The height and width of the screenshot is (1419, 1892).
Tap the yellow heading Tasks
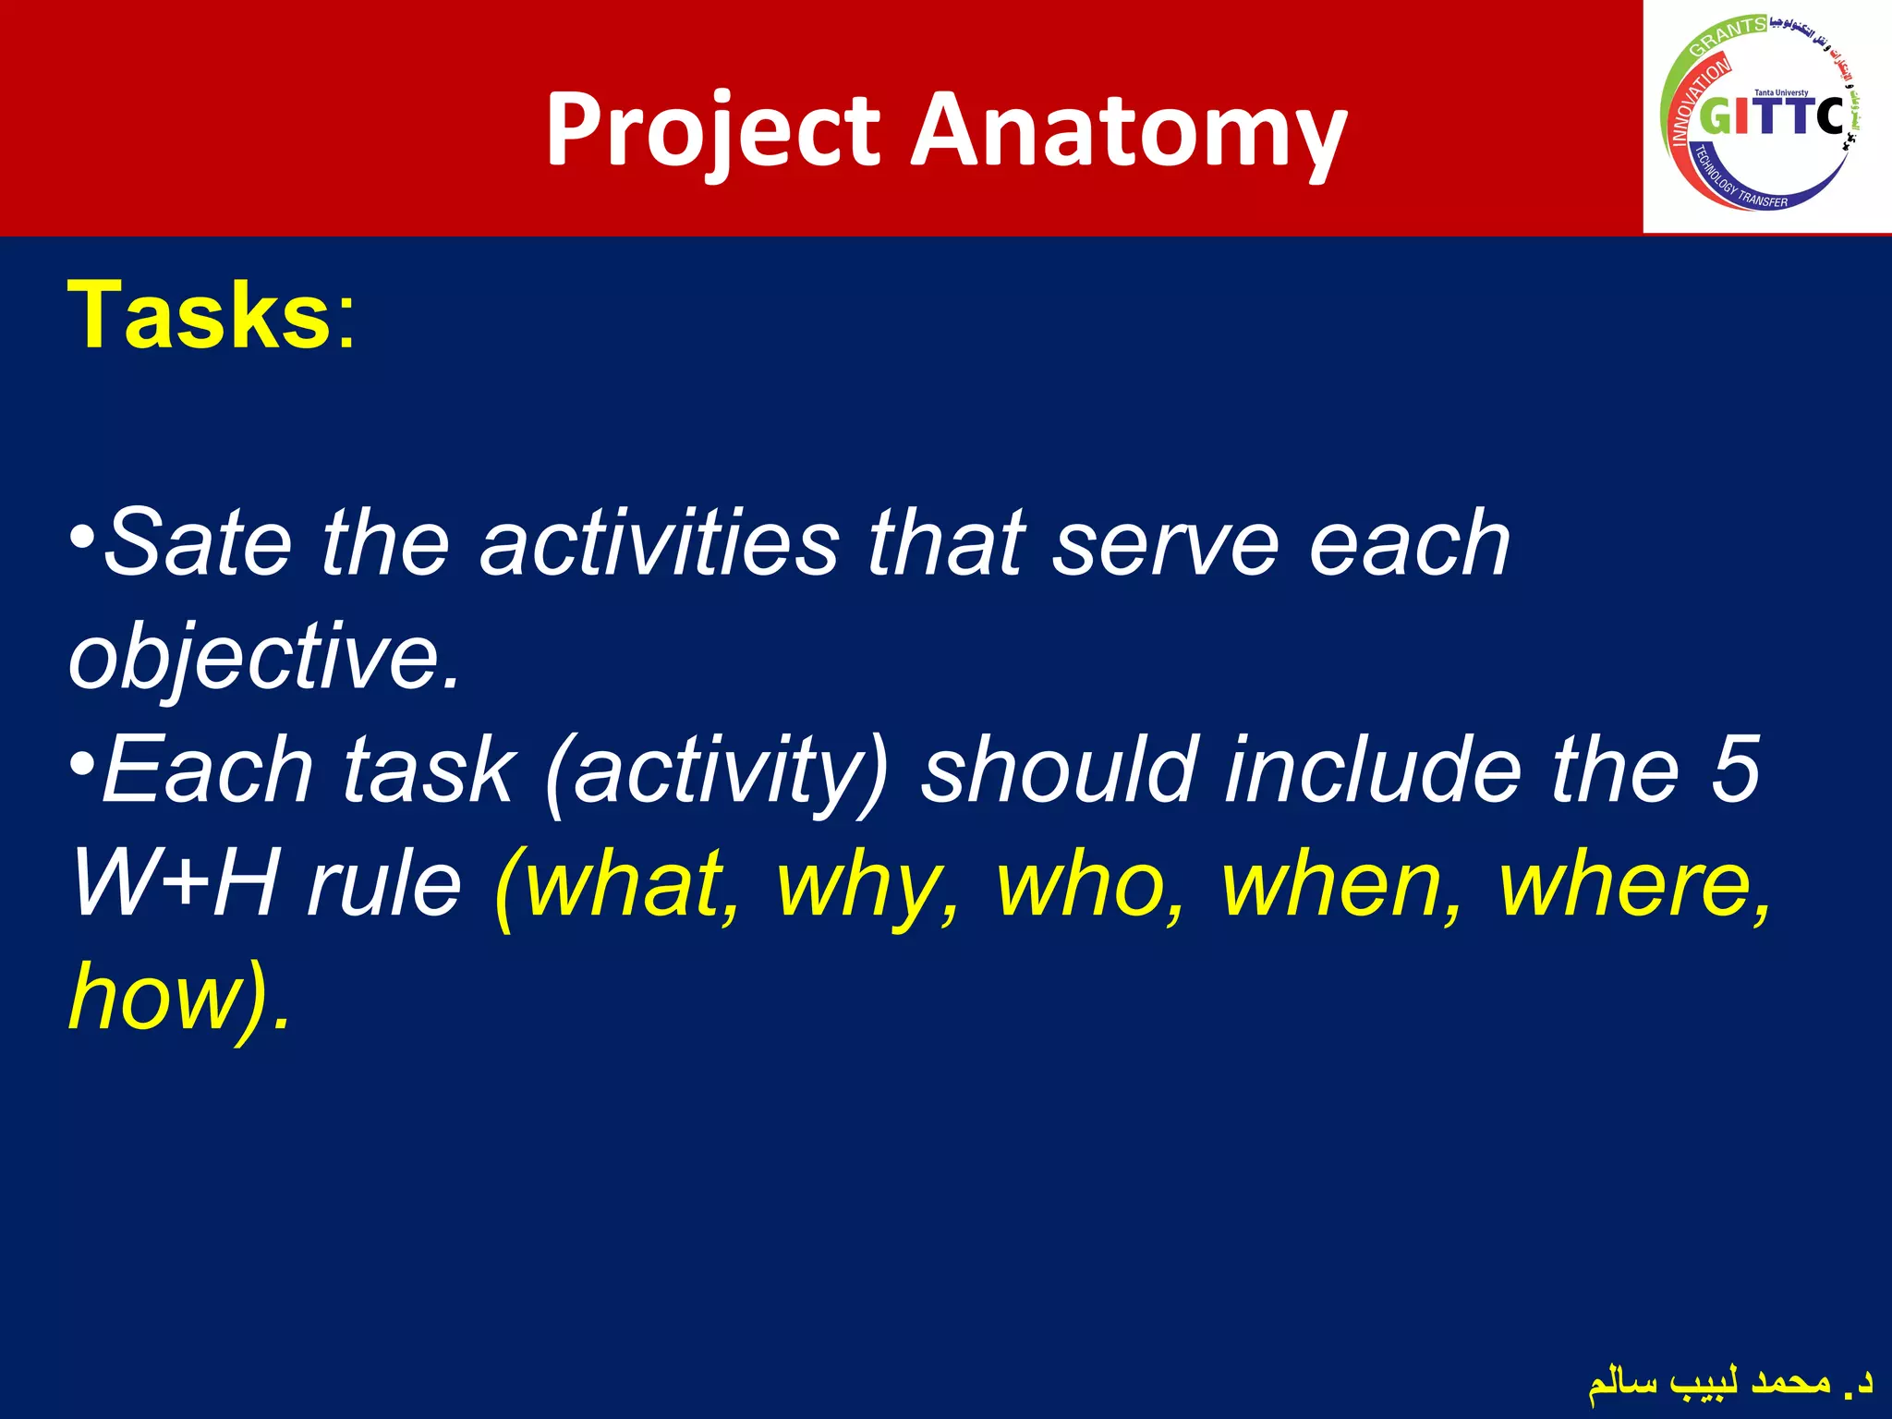click(x=199, y=316)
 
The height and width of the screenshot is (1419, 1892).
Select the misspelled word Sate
click(x=199, y=543)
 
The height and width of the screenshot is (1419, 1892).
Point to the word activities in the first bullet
click(x=660, y=543)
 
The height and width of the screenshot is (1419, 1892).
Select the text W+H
click(x=174, y=885)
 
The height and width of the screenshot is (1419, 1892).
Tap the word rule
click(x=384, y=885)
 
